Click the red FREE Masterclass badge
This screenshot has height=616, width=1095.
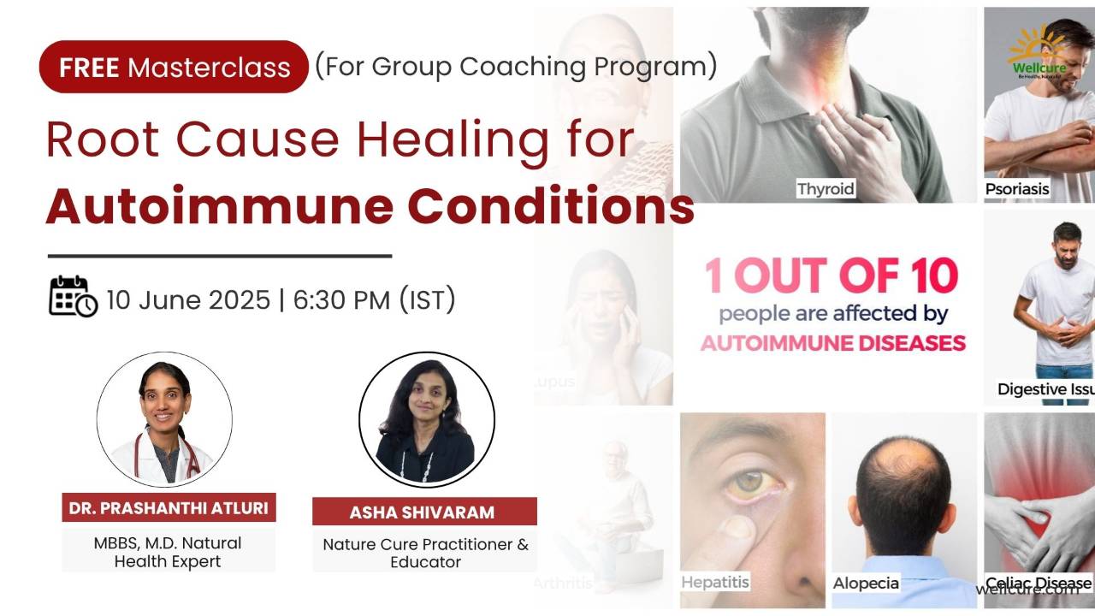[x=174, y=67]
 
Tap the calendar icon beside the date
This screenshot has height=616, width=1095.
[x=73, y=296]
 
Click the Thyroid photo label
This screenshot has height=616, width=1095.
[x=826, y=188]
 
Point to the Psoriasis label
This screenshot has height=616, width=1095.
[x=1017, y=188]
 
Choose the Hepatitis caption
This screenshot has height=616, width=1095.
[x=714, y=582]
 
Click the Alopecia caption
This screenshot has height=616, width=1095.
[x=866, y=583]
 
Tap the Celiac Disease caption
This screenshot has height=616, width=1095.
[x=1038, y=583]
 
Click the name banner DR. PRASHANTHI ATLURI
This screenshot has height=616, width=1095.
[x=169, y=508]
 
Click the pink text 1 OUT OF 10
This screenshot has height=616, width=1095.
[x=831, y=276]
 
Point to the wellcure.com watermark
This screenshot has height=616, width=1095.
[x=1027, y=589]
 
